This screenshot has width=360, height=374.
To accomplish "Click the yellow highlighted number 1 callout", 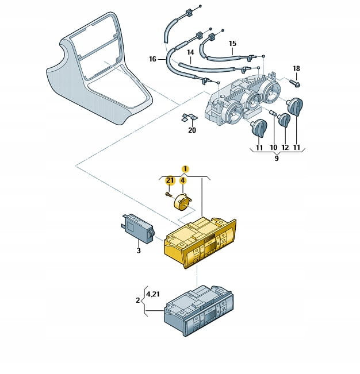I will pos(185,169).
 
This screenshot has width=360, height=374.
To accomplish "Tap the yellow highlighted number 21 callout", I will pos(170,180).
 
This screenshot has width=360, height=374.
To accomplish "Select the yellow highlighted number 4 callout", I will pos(183,180).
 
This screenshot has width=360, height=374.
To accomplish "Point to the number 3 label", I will pos(139,250).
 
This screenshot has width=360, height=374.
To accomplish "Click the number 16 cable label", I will pos(152,59).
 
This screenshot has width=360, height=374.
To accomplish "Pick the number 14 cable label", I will pos(190,52).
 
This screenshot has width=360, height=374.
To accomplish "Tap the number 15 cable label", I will pos(232,43).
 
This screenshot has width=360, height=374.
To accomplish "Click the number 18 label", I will pos(296,69).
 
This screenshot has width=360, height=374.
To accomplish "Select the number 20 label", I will pos(192,130).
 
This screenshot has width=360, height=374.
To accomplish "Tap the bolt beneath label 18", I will pos(297,83).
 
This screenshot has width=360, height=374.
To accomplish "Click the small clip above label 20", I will pos(186,119).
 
